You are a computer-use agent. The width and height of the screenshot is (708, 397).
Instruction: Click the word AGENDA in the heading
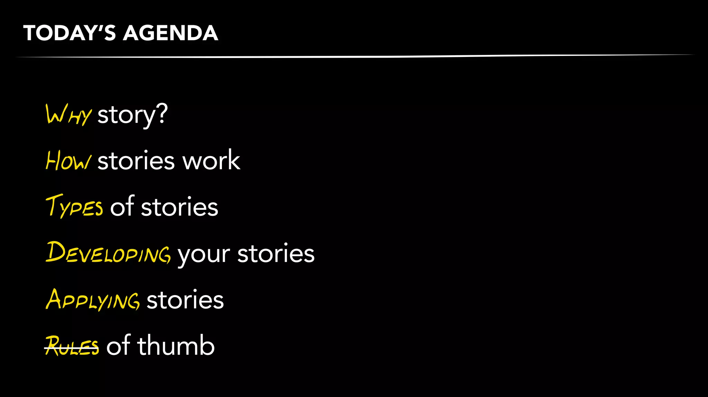pyautogui.click(x=170, y=33)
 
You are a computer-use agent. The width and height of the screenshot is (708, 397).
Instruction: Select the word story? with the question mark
pyautogui.click(x=132, y=115)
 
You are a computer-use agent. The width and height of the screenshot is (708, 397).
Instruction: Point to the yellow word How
pyautogui.click(x=68, y=161)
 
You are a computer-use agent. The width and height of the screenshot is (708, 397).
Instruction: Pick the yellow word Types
pyautogui.click(x=74, y=206)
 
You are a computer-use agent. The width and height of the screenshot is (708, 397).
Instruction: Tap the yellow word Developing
pyautogui.click(x=108, y=252)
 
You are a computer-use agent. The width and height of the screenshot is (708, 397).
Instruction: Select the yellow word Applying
pyautogui.click(x=93, y=299)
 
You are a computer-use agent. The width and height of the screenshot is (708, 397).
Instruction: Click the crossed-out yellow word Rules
pyautogui.click(x=72, y=346)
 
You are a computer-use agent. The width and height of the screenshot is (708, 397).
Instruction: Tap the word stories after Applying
pyautogui.click(x=185, y=300)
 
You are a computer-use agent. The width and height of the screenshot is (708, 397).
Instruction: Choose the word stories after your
pyautogui.click(x=276, y=253)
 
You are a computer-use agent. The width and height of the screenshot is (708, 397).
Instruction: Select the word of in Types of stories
pyautogui.click(x=122, y=206)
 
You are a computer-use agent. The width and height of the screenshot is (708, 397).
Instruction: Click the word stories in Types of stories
pyautogui.click(x=179, y=207)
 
